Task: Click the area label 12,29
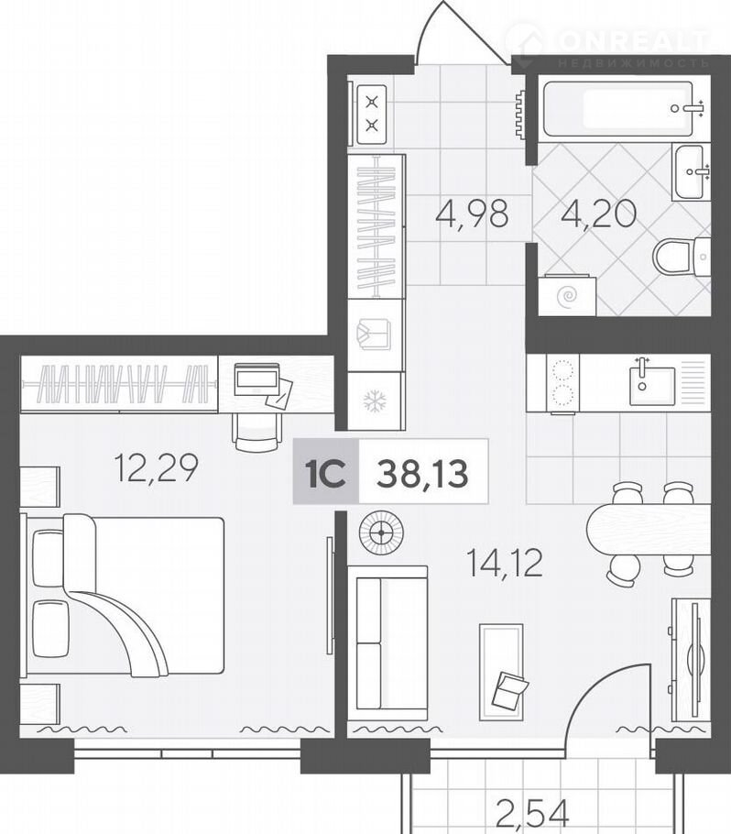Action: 157,468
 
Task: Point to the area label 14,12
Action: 504,564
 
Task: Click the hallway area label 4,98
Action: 472,214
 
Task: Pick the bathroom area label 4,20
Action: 598,214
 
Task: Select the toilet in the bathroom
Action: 682,258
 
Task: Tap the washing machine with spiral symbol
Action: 566,295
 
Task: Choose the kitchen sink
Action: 652,385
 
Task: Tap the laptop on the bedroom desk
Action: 257,379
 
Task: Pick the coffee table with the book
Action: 501,672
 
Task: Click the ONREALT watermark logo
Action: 607,47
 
